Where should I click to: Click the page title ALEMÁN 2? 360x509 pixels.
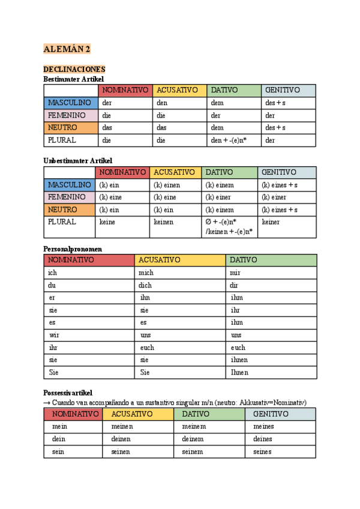[67, 49]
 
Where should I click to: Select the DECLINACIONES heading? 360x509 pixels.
[74, 70]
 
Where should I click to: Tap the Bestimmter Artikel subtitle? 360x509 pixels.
[74, 79]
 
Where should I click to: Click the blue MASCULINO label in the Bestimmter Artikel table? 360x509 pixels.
[70, 103]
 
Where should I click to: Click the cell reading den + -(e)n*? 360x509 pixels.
[228, 140]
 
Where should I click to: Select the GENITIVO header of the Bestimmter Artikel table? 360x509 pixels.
[283, 90]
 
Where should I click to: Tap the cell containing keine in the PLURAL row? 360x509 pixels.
[110, 222]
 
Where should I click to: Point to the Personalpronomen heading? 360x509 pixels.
[73, 248]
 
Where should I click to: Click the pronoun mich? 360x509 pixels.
[147, 273]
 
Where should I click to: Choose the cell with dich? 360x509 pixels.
[146, 285]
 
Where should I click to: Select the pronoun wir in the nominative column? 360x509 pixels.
[54, 335]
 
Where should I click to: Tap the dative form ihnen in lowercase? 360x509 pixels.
[239, 360]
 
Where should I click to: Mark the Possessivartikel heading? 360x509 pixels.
[68, 393]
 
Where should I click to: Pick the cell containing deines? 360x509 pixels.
[263, 439]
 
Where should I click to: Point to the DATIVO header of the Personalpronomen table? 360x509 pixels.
[244, 260]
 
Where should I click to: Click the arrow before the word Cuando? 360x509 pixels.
[47, 402]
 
